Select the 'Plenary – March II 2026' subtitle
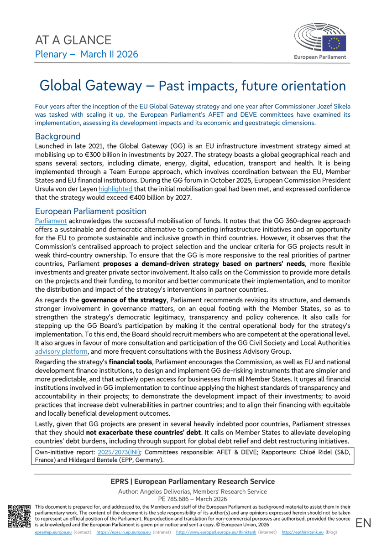point(87,55)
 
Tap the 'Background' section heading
point(58,136)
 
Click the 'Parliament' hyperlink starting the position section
point(51,221)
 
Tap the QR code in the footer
point(20,516)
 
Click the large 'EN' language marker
point(364,523)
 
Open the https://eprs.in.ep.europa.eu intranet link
point(124,532)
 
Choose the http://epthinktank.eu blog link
point(302,532)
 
